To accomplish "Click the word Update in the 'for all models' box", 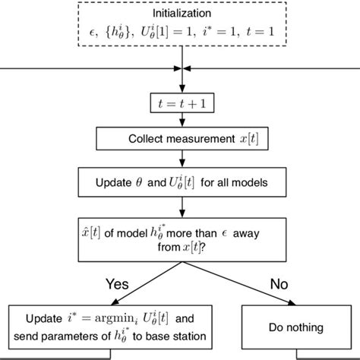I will coord(115,182).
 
